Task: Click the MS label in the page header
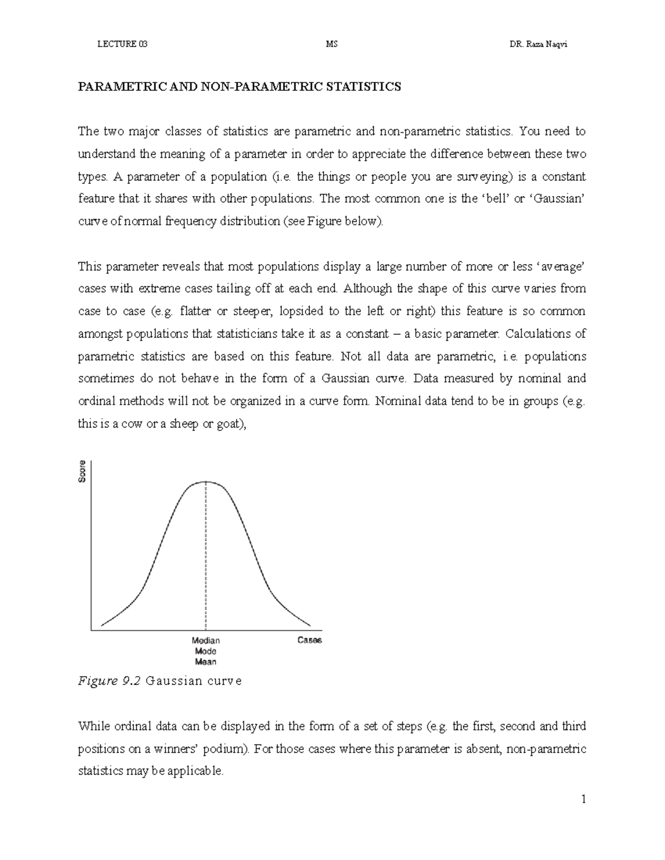332,44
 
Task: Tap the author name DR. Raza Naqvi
538,44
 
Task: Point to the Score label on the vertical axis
82,471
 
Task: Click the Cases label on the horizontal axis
309,640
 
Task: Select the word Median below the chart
206,641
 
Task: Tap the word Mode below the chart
206,651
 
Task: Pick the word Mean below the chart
206,662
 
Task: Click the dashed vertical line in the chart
206,554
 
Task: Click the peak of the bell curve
206,482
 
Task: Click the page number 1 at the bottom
583,799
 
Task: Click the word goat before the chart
228,424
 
